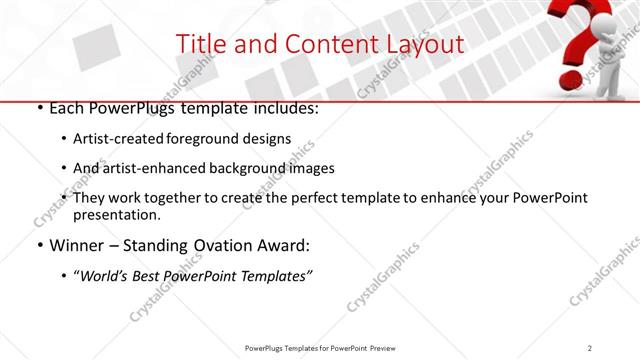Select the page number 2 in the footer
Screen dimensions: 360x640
590,347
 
